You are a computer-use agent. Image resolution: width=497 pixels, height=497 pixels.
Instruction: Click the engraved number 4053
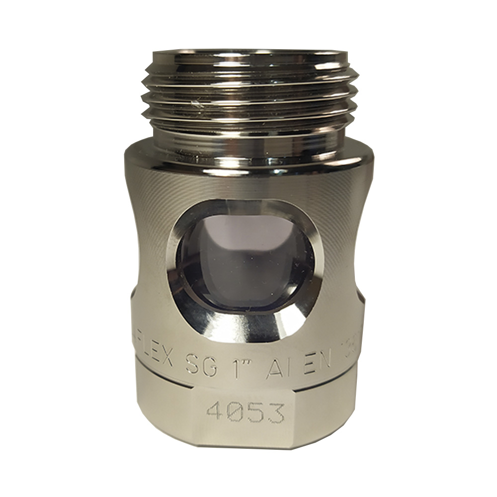(x=246, y=412)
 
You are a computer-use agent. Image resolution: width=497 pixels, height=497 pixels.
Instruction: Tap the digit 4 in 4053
(x=215, y=411)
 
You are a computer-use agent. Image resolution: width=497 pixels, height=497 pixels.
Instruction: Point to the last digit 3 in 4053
(x=276, y=413)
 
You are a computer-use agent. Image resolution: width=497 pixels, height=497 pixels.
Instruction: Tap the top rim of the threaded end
(x=248, y=54)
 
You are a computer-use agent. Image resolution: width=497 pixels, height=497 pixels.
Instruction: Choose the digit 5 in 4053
(x=256, y=413)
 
